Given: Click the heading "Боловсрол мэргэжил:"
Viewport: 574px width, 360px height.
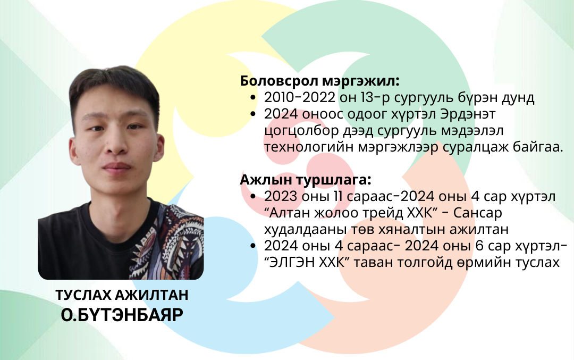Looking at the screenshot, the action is tap(319, 81).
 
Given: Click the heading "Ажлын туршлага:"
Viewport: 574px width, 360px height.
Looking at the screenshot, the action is tap(306, 180).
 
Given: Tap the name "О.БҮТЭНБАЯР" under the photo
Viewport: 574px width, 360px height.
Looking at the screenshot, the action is tap(122, 315).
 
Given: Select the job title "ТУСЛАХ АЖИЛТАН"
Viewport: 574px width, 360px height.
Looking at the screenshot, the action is tap(122, 295).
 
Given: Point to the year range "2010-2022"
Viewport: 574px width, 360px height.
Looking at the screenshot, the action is tap(300, 97).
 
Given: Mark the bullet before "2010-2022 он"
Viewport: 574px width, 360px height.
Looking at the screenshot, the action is tap(253, 98).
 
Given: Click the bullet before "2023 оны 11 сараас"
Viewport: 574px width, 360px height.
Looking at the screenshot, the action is tap(253, 197).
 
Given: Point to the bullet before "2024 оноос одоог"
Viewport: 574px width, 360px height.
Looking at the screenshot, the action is tap(253, 114).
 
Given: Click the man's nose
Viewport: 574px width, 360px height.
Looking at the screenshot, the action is tap(116, 145).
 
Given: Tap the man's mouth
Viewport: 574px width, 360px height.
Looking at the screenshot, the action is tap(116, 168).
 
